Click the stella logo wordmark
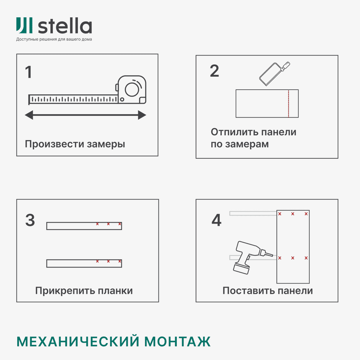(x=65, y=26)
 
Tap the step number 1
(x=28, y=72)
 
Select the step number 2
(x=214, y=71)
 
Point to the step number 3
(x=30, y=220)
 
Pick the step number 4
(x=216, y=220)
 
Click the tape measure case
(x=132, y=89)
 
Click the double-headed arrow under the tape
(x=85, y=115)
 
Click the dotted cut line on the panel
(x=289, y=103)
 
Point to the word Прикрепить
(x=60, y=291)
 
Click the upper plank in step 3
(x=84, y=226)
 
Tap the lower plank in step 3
(x=84, y=263)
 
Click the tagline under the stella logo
(x=54, y=39)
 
